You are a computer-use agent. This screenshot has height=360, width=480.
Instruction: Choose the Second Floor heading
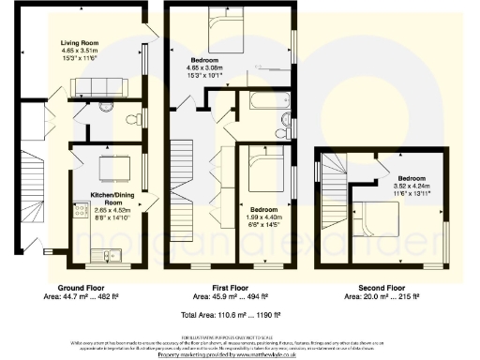coord(382,288)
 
